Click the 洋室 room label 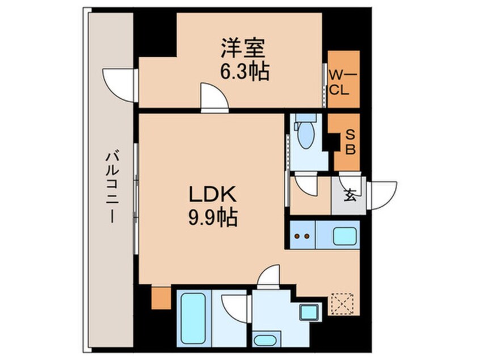click(x=242, y=48)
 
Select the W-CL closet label click(x=342, y=81)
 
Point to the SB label click(x=350, y=142)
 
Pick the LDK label click(x=212, y=194)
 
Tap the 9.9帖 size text click(x=212, y=216)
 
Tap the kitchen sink click(x=342, y=235)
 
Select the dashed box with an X click(x=342, y=303)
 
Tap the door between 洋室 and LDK click(x=214, y=97)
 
